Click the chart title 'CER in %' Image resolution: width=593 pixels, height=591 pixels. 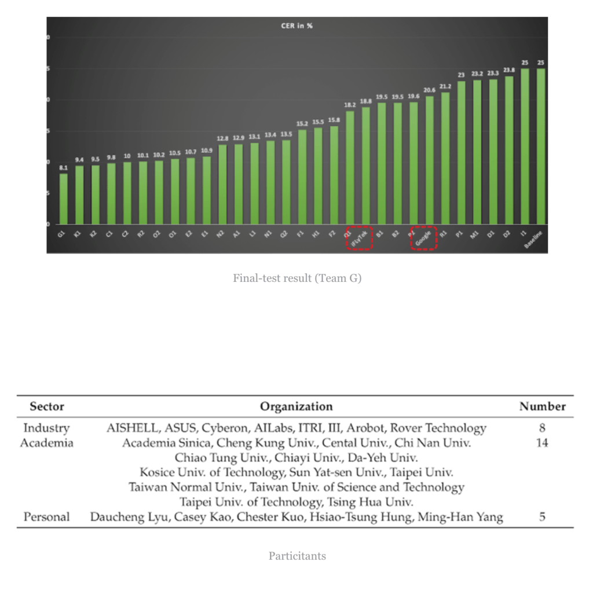[x=297, y=26]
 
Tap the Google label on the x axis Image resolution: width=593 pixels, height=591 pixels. [x=423, y=237]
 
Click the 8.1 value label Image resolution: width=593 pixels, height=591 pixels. [x=64, y=168]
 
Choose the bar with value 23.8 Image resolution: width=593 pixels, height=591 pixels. [x=508, y=150]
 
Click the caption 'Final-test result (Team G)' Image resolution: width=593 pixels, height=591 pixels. [x=297, y=278]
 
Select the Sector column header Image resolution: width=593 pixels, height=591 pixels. [x=47, y=406]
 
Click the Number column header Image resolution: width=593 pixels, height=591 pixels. [x=542, y=406]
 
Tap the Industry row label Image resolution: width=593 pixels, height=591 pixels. [x=46, y=428]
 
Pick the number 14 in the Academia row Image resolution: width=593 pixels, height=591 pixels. [x=542, y=443]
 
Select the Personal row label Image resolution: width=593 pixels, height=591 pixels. [x=46, y=517]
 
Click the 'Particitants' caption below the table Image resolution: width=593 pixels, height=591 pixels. [x=297, y=556]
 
